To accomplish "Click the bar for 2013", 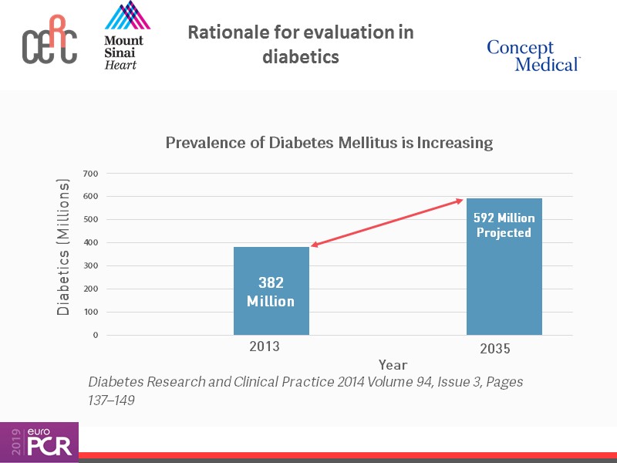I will click(x=271, y=291).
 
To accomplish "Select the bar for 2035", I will click(x=504, y=266).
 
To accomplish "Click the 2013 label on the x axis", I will click(x=265, y=347).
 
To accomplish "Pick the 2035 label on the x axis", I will click(x=495, y=350).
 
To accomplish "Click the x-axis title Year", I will click(x=393, y=364).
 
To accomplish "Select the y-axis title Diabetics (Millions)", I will click(x=64, y=247).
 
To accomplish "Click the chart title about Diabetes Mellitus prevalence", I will click(x=329, y=143).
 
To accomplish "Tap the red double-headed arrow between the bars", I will click(x=386, y=224).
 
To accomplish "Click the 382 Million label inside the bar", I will click(x=271, y=292).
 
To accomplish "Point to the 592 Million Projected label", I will click(x=504, y=225).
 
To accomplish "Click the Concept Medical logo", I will click(x=533, y=56).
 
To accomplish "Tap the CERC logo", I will click(x=49, y=43).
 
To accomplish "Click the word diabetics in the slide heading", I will click(x=301, y=57).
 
